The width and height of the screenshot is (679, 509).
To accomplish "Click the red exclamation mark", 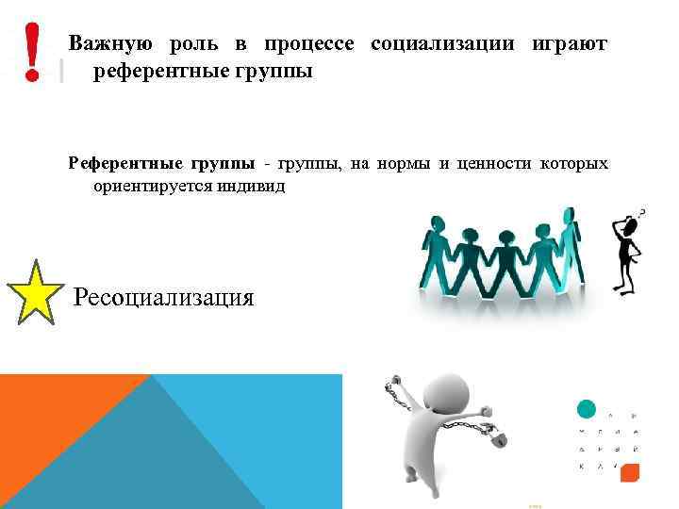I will click(x=33, y=51).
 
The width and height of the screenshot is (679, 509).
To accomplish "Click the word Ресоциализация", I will click(x=163, y=298).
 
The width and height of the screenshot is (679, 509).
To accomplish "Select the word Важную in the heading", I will click(x=111, y=44).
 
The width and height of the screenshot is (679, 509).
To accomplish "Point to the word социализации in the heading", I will click(x=442, y=44).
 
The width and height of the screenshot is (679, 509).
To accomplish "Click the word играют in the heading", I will click(x=570, y=44).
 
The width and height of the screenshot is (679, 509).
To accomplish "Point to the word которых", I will click(x=573, y=165).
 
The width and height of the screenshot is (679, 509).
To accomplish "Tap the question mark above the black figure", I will click(x=642, y=214).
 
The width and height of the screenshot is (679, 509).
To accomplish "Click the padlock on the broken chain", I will click(x=497, y=437).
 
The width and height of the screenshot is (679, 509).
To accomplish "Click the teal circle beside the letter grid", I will click(x=586, y=409).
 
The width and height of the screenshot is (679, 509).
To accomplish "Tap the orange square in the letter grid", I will click(x=630, y=470).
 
